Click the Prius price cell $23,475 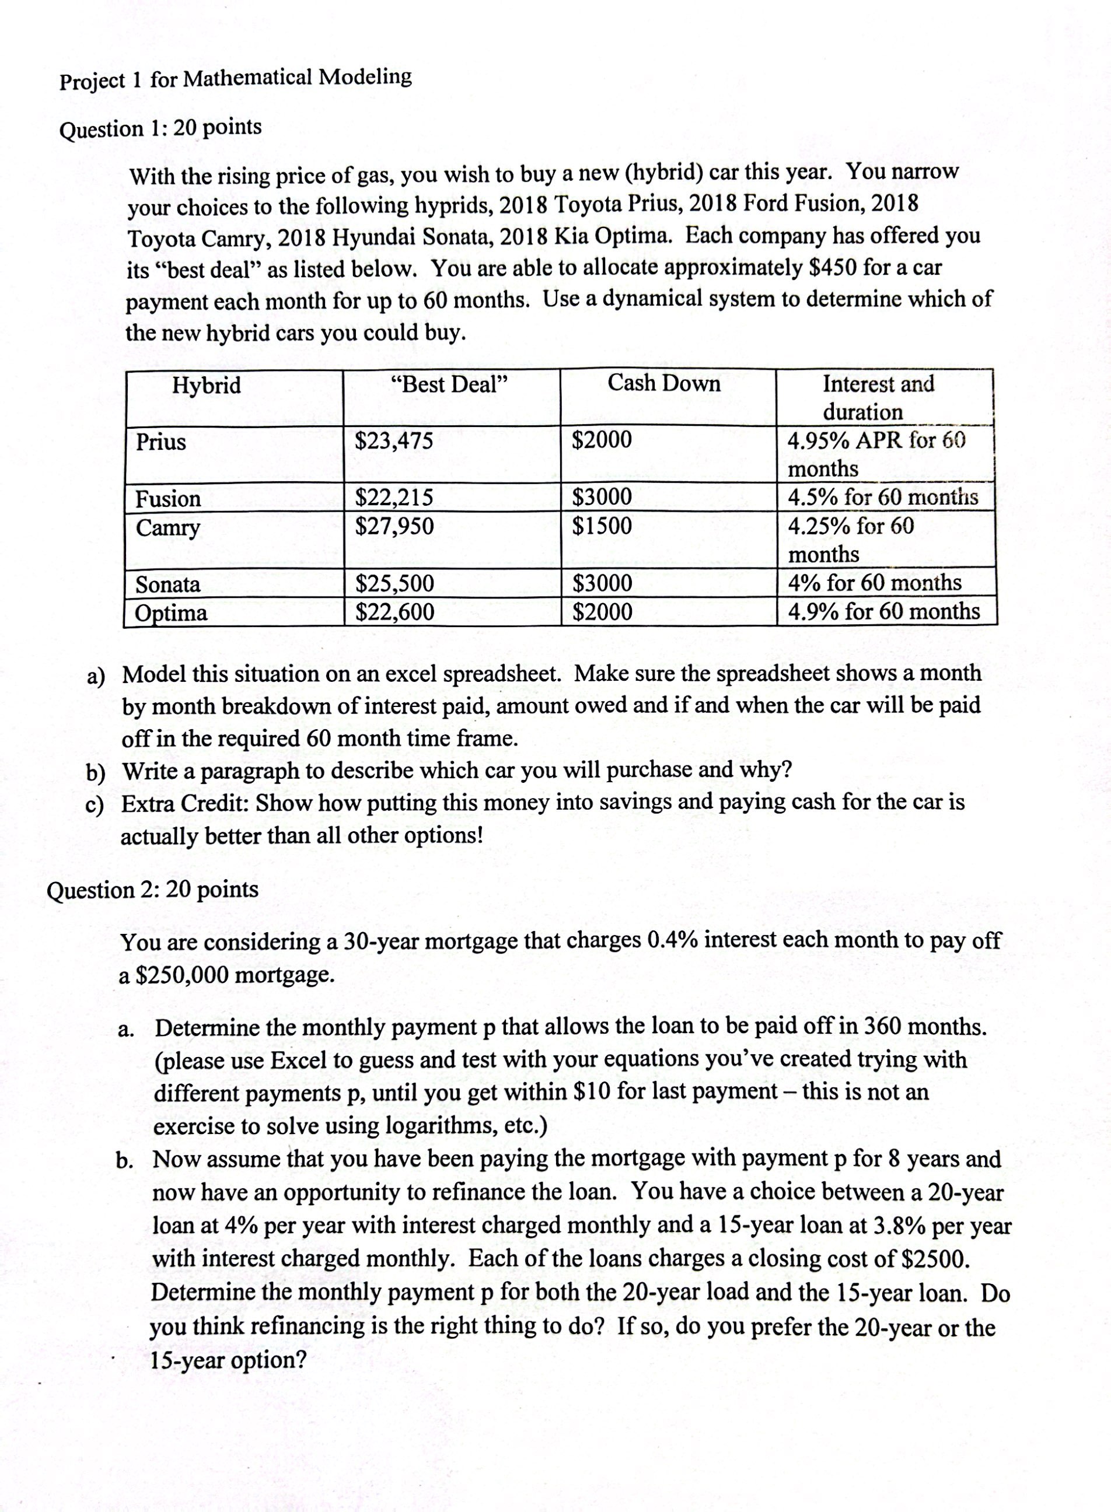tap(394, 441)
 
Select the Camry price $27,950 tap(394, 526)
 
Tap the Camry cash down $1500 tap(602, 525)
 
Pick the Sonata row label tap(168, 584)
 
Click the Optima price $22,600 tap(394, 612)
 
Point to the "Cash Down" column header tap(664, 383)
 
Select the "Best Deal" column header tap(449, 384)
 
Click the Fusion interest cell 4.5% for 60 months tap(882, 498)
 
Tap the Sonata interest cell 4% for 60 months tap(874, 582)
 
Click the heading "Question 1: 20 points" tap(160, 128)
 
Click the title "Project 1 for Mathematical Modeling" tap(235, 79)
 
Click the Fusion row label tap(168, 499)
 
